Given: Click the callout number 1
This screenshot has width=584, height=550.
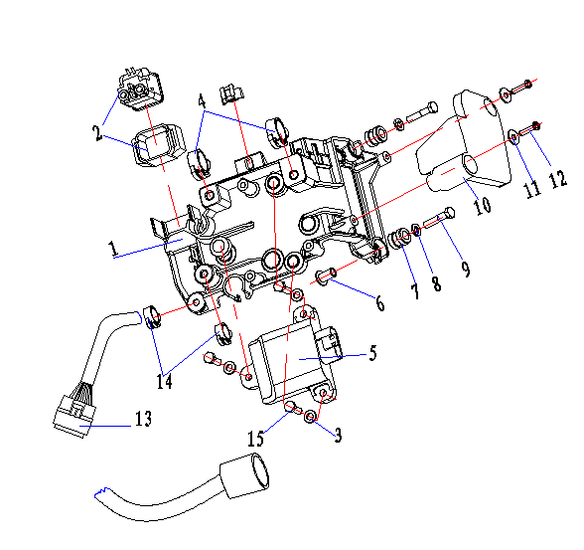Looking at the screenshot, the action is [113, 249].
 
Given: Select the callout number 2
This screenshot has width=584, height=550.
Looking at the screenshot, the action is [97, 133].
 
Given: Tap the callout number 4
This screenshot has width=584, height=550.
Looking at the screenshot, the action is [202, 101].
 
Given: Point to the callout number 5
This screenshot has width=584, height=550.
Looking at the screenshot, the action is [372, 353].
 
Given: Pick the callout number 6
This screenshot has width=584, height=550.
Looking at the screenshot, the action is [379, 302].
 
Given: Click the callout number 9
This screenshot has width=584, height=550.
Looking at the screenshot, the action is [466, 269].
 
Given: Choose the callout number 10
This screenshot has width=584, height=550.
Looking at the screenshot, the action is [483, 205].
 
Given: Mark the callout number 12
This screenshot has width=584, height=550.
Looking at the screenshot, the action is [557, 180].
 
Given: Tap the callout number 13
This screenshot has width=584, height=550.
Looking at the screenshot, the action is [143, 419].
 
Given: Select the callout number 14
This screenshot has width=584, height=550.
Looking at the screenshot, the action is [164, 381].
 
